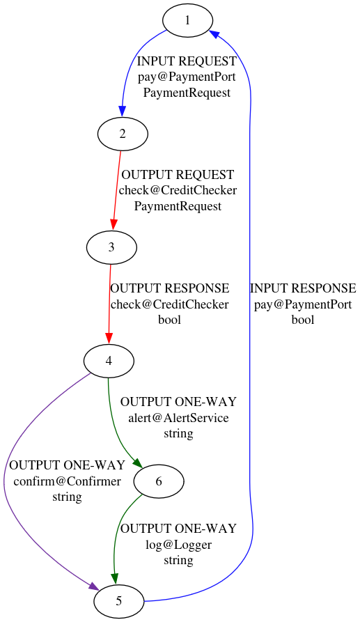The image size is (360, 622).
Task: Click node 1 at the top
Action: point(187,20)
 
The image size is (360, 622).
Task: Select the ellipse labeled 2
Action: point(123,133)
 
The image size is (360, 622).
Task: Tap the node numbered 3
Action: point(111,247)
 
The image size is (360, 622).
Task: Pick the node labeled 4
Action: point(109,361)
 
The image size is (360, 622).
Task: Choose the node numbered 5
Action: point(119,601)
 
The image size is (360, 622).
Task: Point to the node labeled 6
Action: point(159,481)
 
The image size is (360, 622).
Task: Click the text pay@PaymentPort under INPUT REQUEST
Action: point(187,77)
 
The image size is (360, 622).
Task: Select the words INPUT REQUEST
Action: point(187,61)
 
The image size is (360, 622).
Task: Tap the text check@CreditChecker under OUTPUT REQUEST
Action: point(178,190)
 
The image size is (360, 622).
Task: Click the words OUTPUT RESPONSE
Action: point(170,288)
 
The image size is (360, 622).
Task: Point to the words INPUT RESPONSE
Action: point(303,288)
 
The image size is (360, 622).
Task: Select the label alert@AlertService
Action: point(178,418)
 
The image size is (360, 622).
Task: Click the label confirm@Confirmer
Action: point(67,481)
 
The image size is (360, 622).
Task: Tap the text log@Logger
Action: point(178,545)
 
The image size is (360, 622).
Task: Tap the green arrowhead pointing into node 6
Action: point(139,465)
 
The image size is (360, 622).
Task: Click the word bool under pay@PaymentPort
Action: point(303,320)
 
